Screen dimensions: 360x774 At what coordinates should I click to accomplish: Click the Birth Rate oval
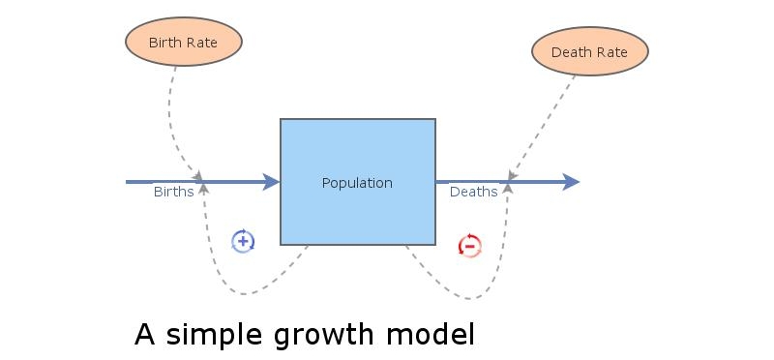click(183, 43)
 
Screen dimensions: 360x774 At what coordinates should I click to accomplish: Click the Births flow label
click(173, 192)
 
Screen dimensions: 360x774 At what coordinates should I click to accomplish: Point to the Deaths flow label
click(473, 192)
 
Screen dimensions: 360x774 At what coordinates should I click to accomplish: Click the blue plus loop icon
click(243, 241)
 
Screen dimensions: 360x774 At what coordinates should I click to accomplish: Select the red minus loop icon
click(469, 246)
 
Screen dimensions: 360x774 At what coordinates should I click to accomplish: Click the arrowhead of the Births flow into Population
click(271, 181)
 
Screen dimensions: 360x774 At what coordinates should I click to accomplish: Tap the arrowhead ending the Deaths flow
click(571, 181)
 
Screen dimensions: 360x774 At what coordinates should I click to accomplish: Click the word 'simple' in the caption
click(216, 335)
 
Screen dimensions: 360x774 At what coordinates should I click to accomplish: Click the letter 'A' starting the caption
click(145, 334)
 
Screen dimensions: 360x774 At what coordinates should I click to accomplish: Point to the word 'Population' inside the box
click(357, 183)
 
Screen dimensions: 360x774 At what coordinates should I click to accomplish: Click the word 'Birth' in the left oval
click(165, 43)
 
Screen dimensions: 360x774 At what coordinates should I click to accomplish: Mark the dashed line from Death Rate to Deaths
click(542, 126)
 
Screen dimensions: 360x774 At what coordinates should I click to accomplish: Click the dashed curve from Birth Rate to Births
click(172, 116)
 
